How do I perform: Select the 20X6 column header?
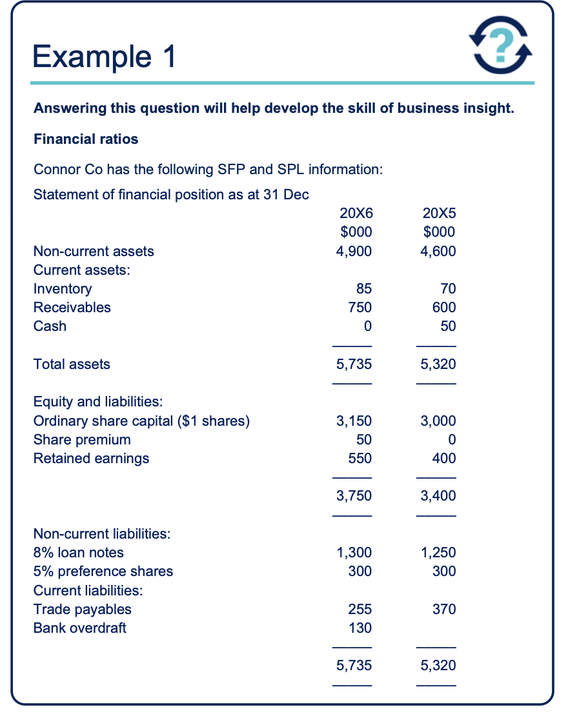pyautogui.click(x=355, y=213)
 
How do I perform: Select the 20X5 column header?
pyautogui.click(x=439, y=213)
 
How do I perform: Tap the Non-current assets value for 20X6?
pyautogui.click(x=354, y=251)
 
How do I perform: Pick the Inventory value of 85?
pyautogui.click(x=363, y=289)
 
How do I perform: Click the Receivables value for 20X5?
pyautogui.click(x=443, y=308)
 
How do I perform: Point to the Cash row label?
pyautogui.click(x=50, y=326)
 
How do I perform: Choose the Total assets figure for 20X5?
pyautogui.click(x=438, y=364)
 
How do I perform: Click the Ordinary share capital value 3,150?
pyautogui.click(x=354, y=421)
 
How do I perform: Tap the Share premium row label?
pyautogui.click(x=82, y=440)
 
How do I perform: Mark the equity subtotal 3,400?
pyautogui.click(x=438, y=496)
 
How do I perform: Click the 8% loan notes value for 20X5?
pyautogui.click(x=438, y=553)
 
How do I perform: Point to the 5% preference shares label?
pyautogui.click(x=103, y=572)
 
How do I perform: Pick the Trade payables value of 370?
pyautogui.click(x=444, y=609)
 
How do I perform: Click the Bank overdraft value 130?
pyautogui.click(x=360, y=628)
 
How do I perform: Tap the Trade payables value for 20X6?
pyautogui.click(x=360, y=609)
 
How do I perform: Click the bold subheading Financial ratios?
pyautogui.click(x=86, y=139)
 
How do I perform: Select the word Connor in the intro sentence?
pyautogui.click(x=57, y=170)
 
